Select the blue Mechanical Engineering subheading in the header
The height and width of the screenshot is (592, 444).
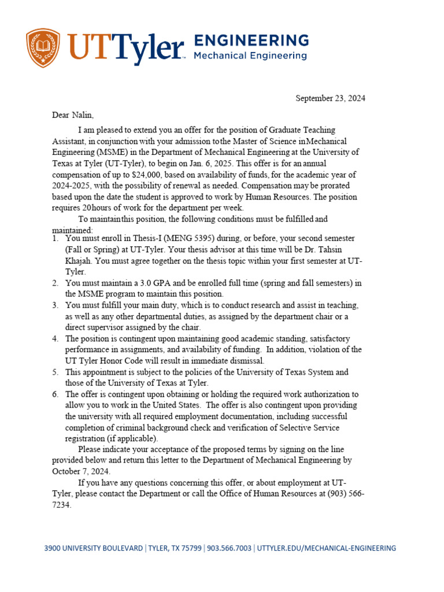pyautogui.click(x=249, y=56)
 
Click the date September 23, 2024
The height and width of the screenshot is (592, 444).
pyautogui.click(x=330, y=98)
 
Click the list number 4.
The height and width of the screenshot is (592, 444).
pyautogui.click(x=55, y=339)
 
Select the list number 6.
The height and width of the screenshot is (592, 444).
pyautogui.click(x=55, y=394)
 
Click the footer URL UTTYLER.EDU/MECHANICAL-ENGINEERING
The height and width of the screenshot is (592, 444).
pyautogui.click(x=326, y=548)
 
